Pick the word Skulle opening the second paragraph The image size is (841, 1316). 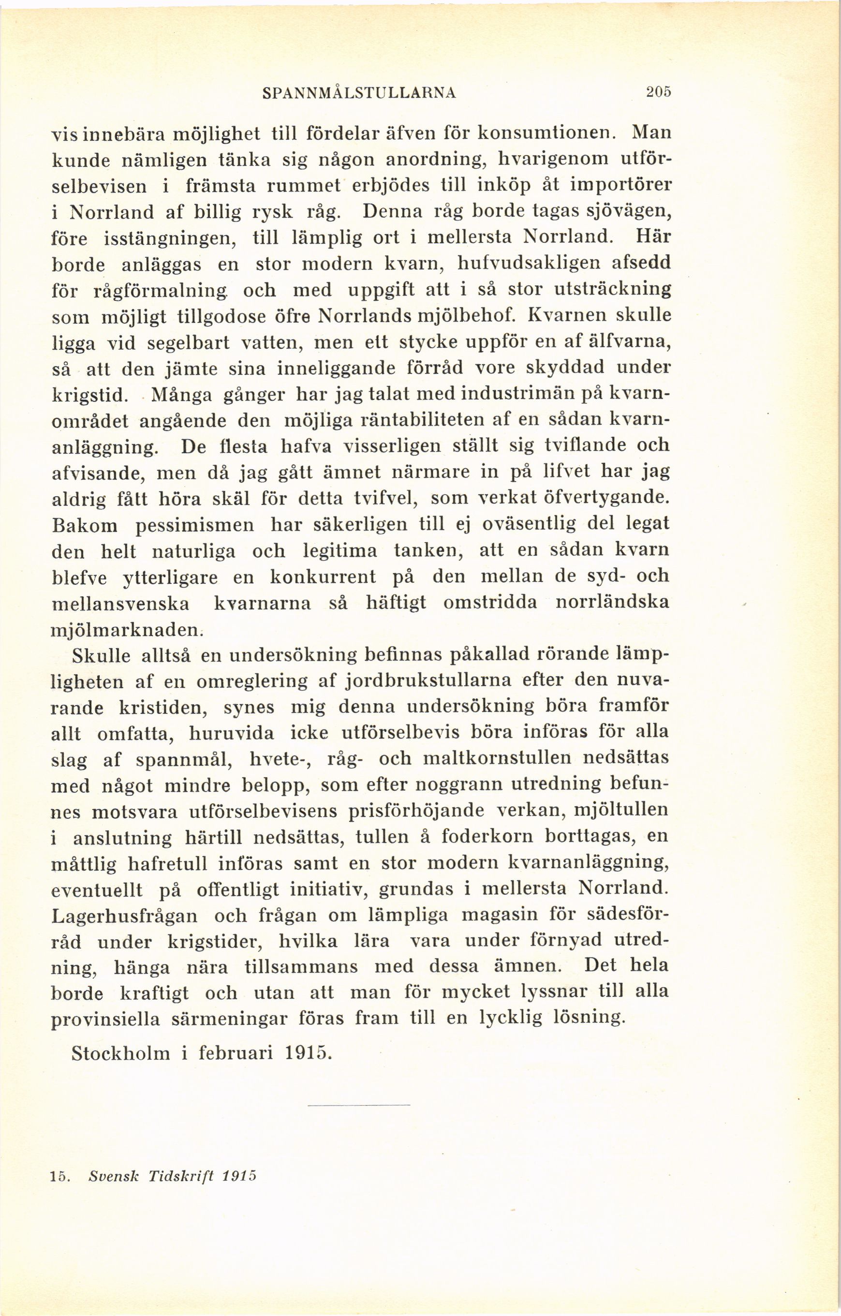pos(101,656)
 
